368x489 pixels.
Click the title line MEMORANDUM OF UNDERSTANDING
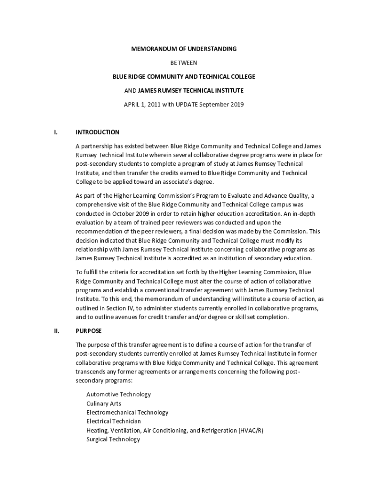tap(184, 49)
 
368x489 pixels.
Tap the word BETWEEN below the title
tap(184, 63)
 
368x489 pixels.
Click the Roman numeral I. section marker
tap(56, 132)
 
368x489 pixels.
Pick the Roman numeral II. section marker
tap(57, 330)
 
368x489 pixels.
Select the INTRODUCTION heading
tap(97, 132)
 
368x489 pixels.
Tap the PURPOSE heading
tap(88, 330)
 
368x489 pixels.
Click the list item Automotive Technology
tap(119, 394)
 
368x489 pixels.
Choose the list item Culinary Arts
tap(104, 404)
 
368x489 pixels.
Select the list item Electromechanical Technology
tap(127, 412)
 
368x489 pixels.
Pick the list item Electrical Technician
tap(114, 421)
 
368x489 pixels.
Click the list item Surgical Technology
tap(113, 439)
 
